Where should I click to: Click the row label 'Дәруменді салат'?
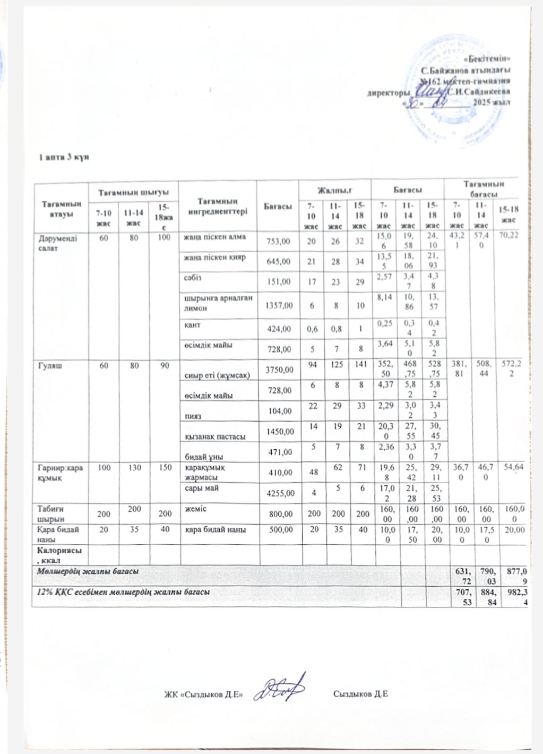click(x=51, y=242)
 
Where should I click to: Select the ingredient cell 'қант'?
click(x=192, y=323)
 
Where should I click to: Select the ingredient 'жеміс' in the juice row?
click(x=193, y=509)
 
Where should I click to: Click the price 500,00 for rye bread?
click(x=279, y=530)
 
